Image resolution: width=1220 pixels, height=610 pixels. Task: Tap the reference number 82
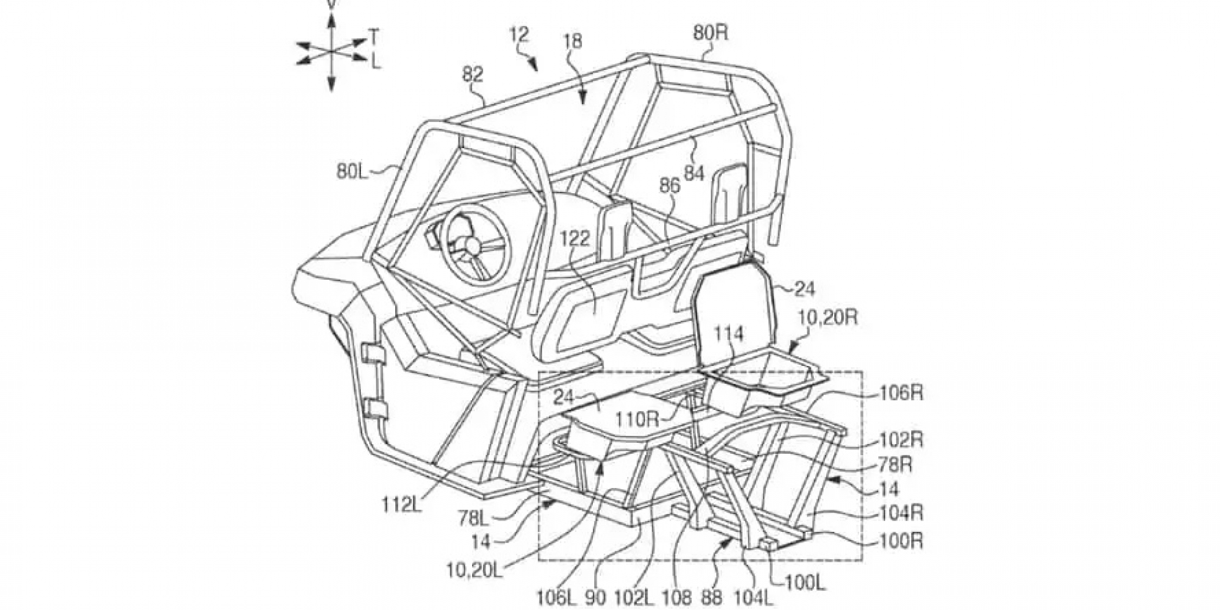tap(473, 74)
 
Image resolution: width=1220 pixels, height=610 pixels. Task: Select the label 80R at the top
tap(710, 32)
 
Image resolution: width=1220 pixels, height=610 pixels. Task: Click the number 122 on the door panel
tap(576, 240)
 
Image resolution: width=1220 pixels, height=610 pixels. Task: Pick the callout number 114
tap(729, 333)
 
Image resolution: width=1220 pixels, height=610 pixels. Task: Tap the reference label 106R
tap(901, 393)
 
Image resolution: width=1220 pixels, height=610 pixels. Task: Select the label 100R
tap(901, 541)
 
